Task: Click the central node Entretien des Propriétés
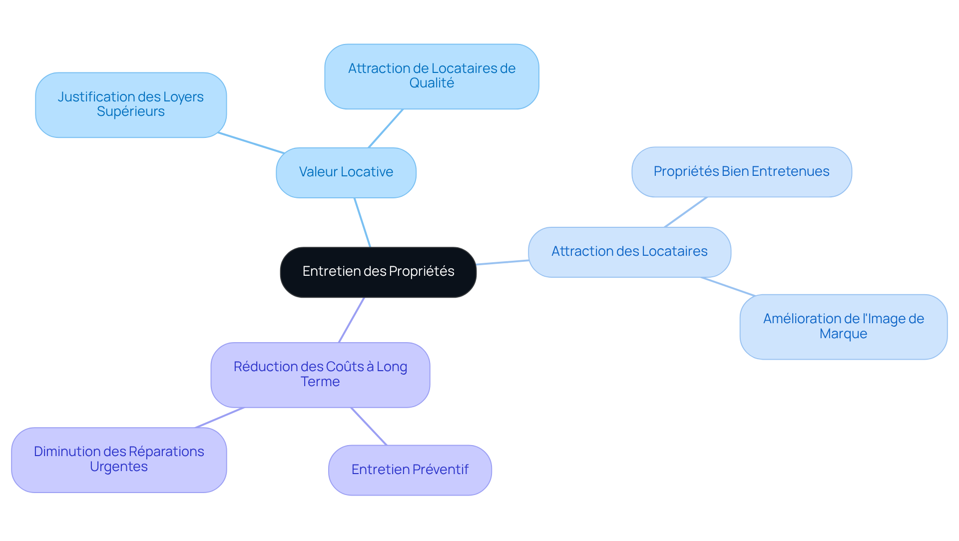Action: pyautogui.click(x=378, y=272)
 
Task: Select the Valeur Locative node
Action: pyautogui.click(x=346, y=172)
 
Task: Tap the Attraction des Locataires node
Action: pyautogui.click(x=629, y=252)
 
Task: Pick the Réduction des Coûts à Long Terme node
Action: pyautogui.click(x=320, y=374)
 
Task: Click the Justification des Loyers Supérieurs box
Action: pyautogui.click(x=131, y=104)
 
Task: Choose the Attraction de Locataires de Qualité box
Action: pyautogui.click(x=432, y=76)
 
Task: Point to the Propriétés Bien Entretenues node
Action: pyautogui.click(x=741, y=171)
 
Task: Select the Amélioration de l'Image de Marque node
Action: pyautogui.click(x=843, y=326)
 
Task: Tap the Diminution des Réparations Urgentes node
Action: pyautogui.click(x=119, y=459)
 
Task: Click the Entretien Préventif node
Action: pyautogui.click(x=410, y=470)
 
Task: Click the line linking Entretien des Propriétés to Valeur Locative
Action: pyautogui.click(x=363, y=222)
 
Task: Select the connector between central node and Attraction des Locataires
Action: pyautogui.click(x=502, y=262)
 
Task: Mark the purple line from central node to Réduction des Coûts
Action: pyautogui.click(x=352, y=320)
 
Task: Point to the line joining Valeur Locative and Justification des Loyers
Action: pyautogui.click(x=251, y=143)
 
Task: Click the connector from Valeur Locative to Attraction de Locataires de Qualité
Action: pyautogui.click(x=386, y=128)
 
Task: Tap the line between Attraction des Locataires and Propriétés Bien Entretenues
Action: pyautogui.click(x=686, y=212)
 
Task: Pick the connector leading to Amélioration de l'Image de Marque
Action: pyautogui.click(x=728, y=286)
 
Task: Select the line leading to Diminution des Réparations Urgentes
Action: pyautogui.click(x=220, y=418)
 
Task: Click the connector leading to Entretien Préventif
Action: pyautogui.click(x=369, y=426)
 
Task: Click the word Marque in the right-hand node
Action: pyautogui.click(x=843, y=334)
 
